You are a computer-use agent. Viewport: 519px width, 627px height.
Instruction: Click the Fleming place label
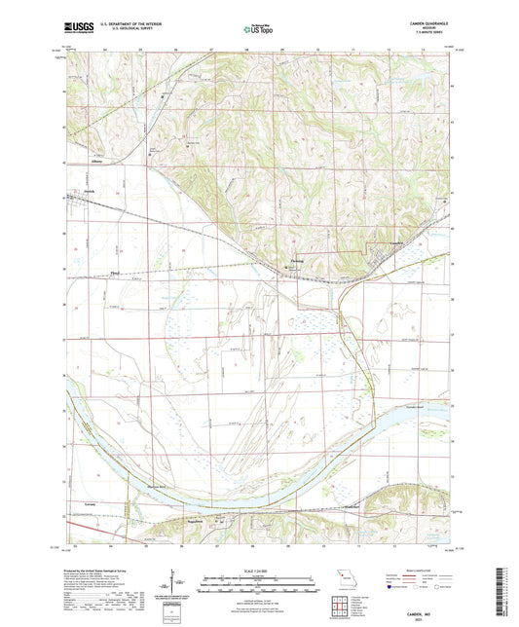(x=301, y=261)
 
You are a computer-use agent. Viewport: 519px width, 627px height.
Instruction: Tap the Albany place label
(x=96, y=162)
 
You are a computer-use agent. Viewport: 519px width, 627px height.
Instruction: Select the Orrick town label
(x=87, y=191)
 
